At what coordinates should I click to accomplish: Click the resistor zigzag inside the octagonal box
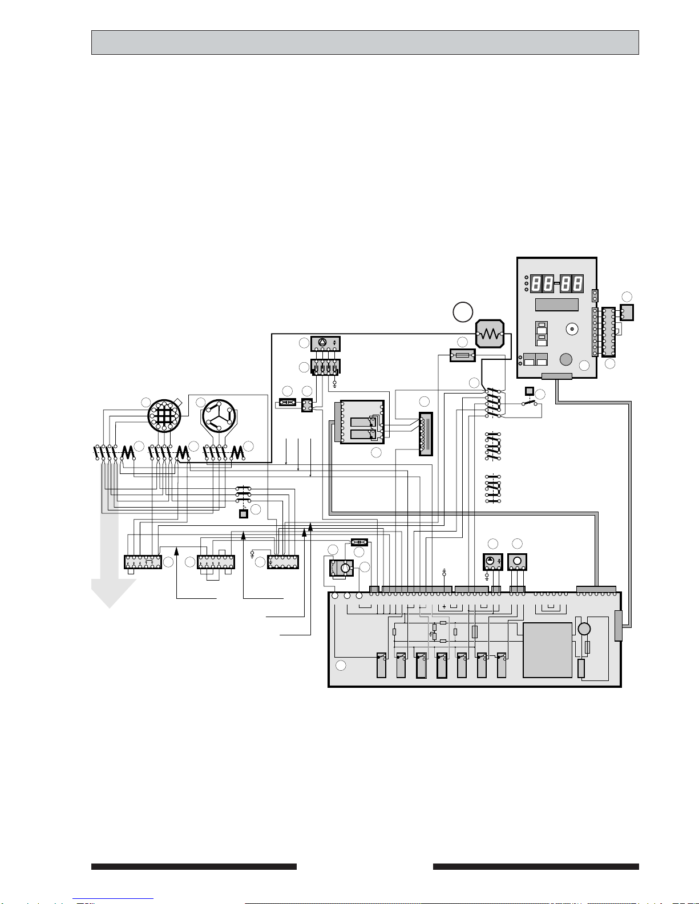tap(490, 334)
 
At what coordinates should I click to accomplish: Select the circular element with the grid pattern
tap(164, 415)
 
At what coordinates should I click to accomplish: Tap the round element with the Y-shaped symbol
tap(219, 415)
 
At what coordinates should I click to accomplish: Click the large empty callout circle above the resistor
tap(463, 311)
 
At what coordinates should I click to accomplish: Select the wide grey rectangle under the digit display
tap(556, 305)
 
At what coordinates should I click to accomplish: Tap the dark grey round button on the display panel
tap(565, 359)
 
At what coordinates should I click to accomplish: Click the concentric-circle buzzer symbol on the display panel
tap(572, 329)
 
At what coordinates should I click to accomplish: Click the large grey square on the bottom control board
tap(547, 650)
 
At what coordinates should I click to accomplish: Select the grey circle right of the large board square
tap(584, 629)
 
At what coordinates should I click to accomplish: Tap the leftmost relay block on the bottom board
tap(381, 665)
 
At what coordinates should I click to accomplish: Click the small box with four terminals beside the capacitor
tap(307, 406)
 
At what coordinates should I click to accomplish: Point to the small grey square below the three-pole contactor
tap(244, 514)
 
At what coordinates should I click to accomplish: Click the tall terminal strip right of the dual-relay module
tap(426, 433)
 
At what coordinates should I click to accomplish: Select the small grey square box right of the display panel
tap(627, 313)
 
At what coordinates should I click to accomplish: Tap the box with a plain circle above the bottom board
tap(517, 562)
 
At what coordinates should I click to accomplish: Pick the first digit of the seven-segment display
tap(536, 284)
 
